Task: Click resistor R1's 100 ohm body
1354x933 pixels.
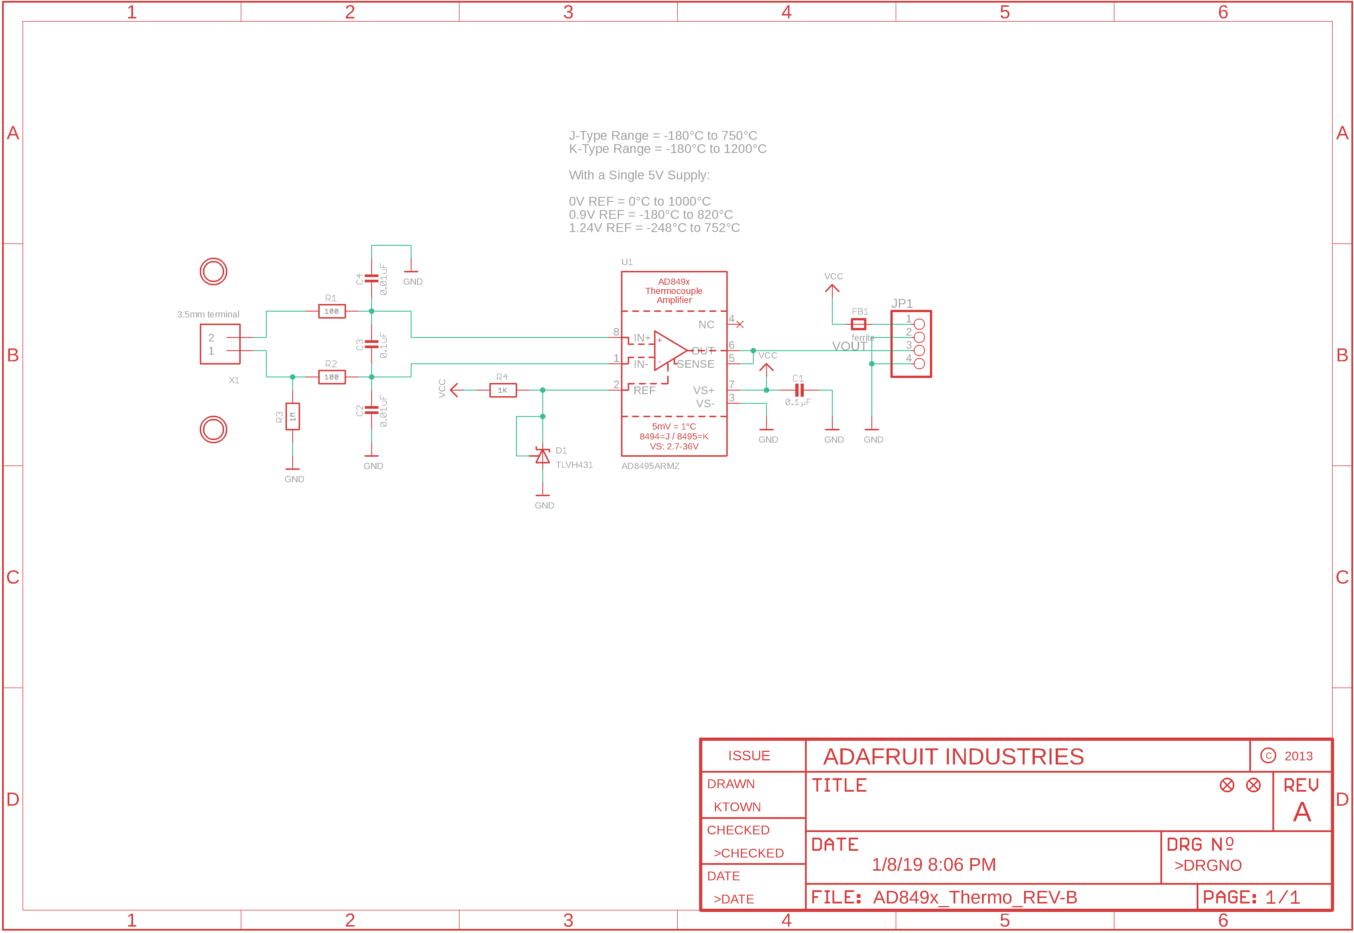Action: [331, 312]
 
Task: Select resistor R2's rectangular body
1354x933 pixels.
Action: [331, 377]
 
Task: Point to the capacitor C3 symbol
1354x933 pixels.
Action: [371, 344]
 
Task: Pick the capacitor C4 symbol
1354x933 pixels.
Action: [371, 278]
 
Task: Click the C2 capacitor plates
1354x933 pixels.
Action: [371, 410]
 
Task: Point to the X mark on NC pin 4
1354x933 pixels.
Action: [740, 324]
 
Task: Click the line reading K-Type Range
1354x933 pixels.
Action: [667, 149]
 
